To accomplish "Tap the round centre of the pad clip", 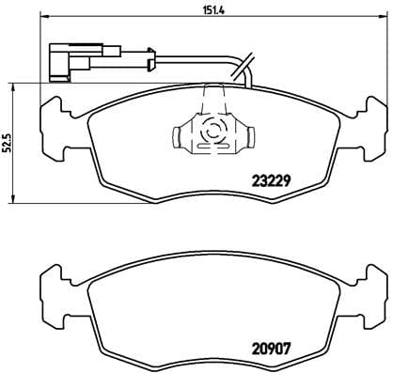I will (x=213, y=132).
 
